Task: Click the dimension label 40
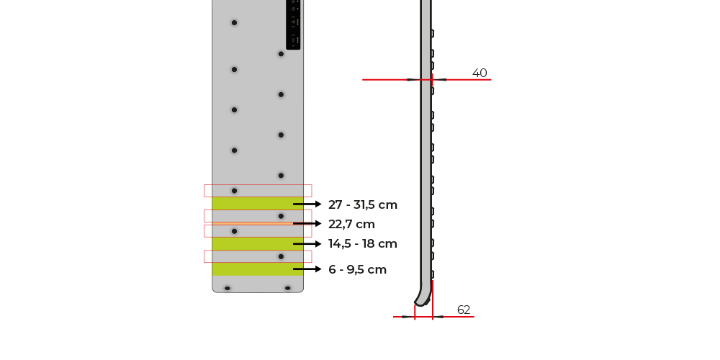click(x=480, y=73)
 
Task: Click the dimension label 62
click(x=464, y=310)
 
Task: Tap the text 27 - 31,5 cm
click(x=363, y=204)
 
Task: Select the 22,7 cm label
click(x=352, y=224)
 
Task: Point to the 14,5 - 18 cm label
click(x=363, y=244)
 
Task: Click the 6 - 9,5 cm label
click(x=357, y=269)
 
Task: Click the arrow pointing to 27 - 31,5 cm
click(x=307, y=204)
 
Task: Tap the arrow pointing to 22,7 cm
click(x=307, y=224)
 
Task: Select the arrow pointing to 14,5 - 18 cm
click(x=307, y=244)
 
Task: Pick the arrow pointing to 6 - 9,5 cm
click(x=307, y=269)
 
